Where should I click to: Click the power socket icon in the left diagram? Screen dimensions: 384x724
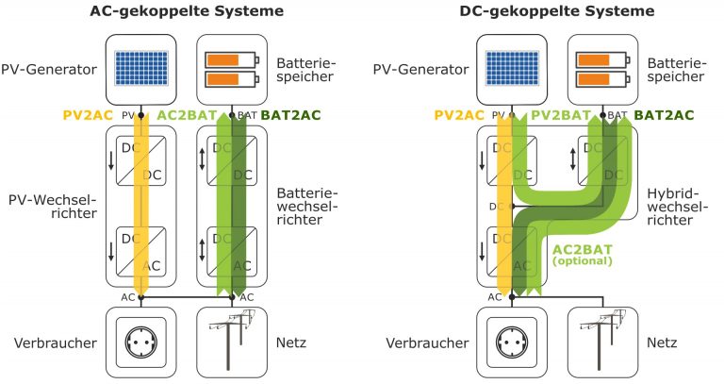(x=140, y=342)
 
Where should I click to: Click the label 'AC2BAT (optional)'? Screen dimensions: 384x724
(x=583, y=254)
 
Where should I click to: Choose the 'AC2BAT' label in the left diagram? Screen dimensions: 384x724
(x=189, y=115)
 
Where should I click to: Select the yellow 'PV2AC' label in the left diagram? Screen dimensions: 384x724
(x=89, y=115)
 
